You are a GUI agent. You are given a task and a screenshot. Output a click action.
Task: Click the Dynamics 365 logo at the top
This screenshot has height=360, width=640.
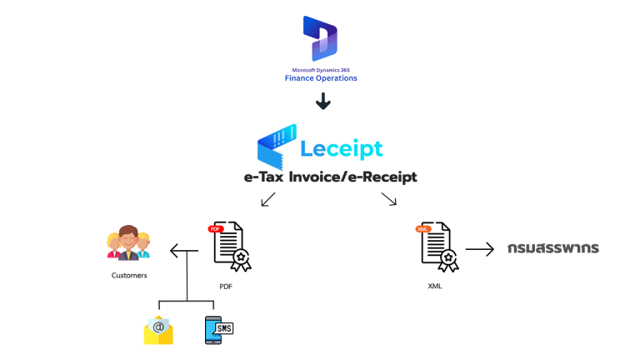[320, 37]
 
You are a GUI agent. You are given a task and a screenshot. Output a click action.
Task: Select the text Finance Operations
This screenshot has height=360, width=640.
[321, 78]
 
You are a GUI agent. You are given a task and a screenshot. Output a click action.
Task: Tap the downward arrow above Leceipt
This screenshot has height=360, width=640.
[322, 101]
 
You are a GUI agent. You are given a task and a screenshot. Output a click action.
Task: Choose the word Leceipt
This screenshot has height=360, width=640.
[342, 149]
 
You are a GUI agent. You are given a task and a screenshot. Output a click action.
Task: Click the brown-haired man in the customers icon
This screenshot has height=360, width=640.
[127, 242]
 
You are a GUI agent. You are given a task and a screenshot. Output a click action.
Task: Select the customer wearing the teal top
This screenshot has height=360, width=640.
[143, 245]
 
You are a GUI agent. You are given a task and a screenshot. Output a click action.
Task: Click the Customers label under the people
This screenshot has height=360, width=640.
[128, 275]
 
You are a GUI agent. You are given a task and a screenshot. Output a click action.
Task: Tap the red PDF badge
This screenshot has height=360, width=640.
[216, 228]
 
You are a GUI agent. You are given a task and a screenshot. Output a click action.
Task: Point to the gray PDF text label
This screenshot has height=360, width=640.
[226, 287]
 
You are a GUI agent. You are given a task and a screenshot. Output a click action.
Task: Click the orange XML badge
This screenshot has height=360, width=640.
[423, 228]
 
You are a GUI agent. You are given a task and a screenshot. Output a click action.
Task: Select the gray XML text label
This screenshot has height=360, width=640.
[434, 287]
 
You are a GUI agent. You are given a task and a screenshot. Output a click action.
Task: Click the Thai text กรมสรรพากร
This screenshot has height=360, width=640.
[553, 248]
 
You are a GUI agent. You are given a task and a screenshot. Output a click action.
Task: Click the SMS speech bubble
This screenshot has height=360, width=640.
[223, 328]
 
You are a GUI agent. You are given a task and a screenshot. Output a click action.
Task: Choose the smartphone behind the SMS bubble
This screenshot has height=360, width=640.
[212, 331]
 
